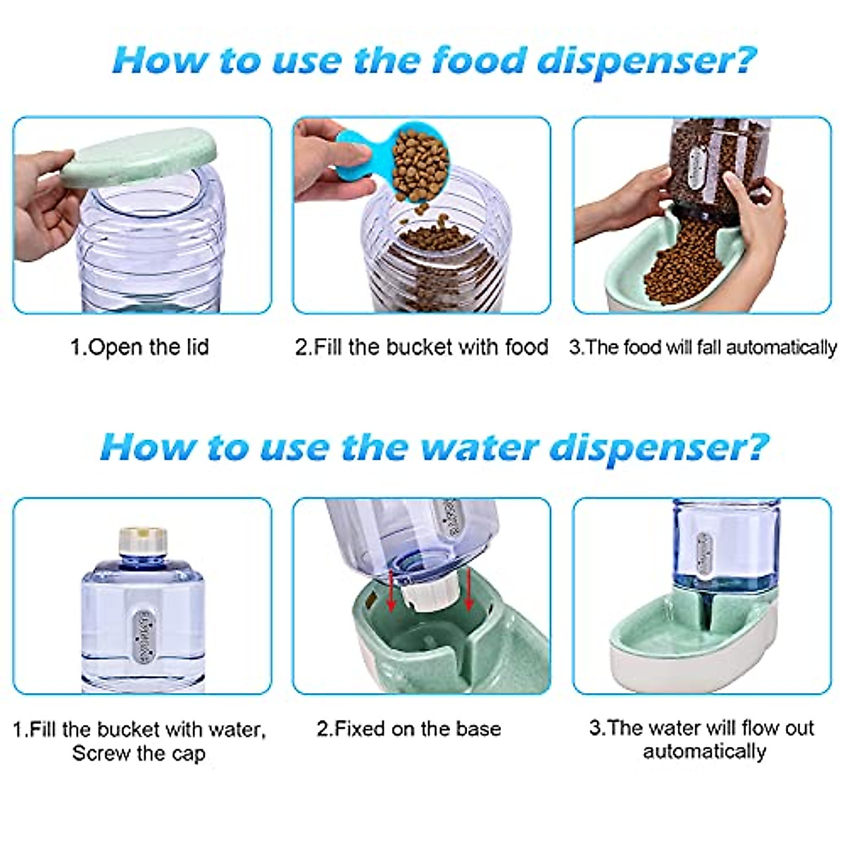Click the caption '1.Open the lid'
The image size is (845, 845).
pyautogui.click(x=139, y=347)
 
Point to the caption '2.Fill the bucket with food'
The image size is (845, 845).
pyautogui.click(x=421, y=347)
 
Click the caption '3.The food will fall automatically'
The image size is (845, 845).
pyautogui.click(x=703, y=347)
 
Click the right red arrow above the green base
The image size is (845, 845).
pyautogui.click(x=468, y=587)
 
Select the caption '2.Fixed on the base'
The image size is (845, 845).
pyautogui.click(x=408, y=728)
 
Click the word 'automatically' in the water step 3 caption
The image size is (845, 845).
pyautogui.click(x=704, y=751)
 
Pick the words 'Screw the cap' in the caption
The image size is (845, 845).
pyautogui.click(x=139, y=753)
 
